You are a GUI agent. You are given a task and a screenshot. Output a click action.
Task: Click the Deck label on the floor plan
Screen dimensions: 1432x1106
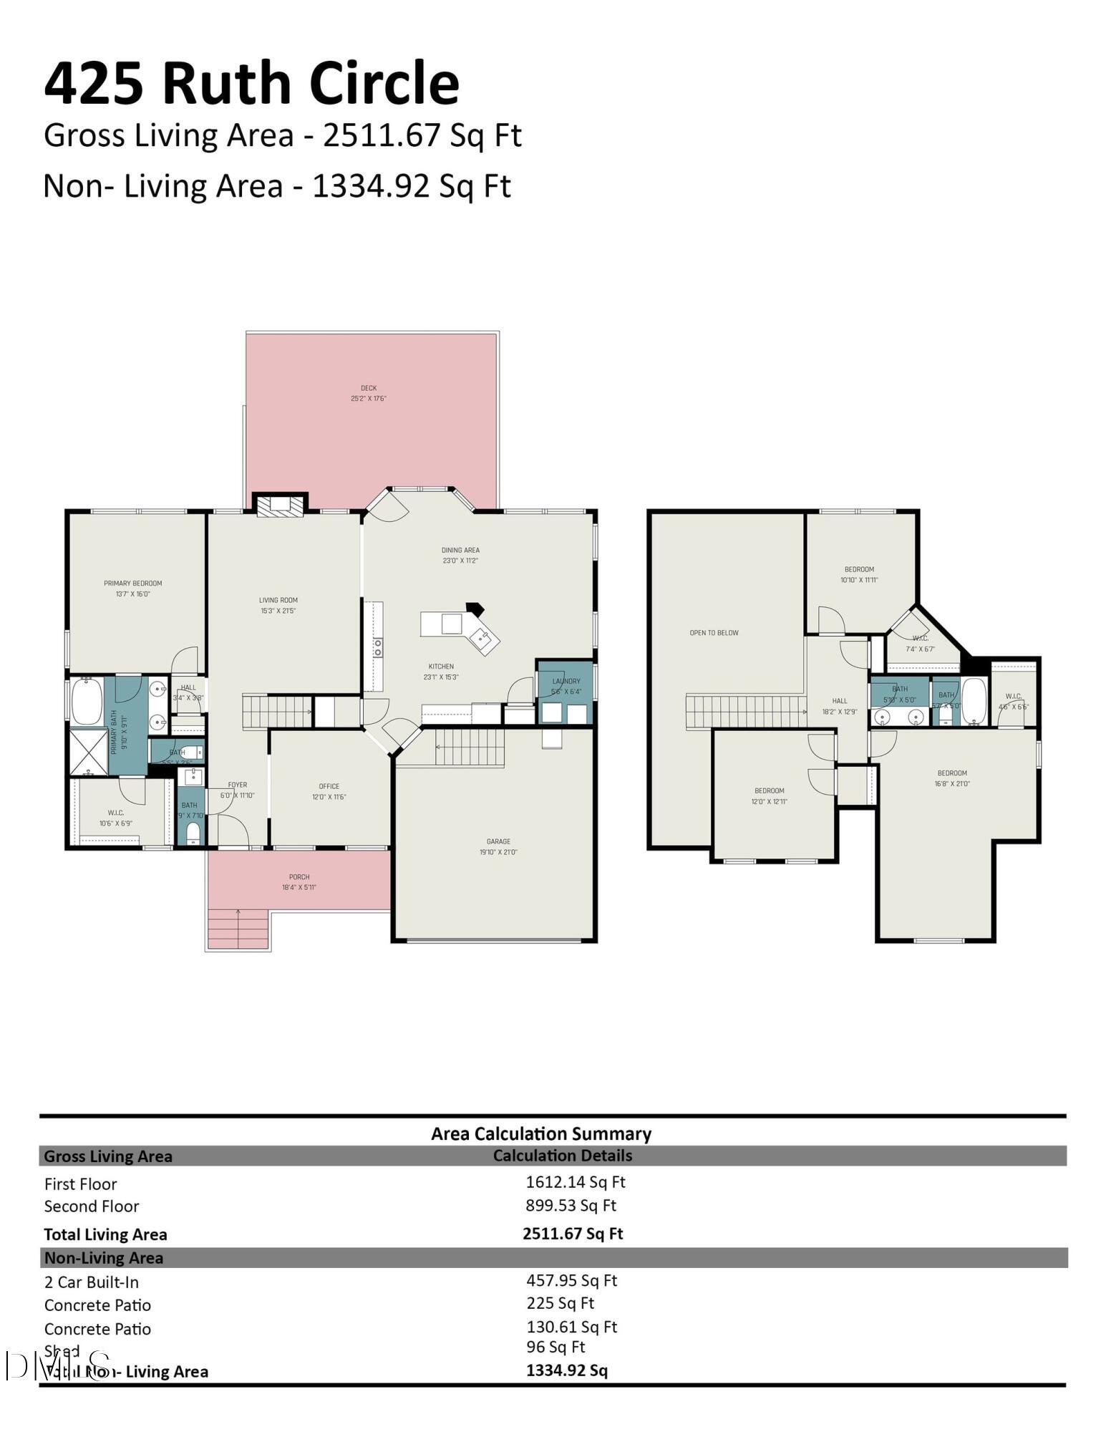369,388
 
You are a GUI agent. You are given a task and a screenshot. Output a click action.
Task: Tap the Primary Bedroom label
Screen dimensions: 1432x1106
133,584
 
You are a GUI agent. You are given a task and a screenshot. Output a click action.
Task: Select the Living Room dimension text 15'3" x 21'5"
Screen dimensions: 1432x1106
278,611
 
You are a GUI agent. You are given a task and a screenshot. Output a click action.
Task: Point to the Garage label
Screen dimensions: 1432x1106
498,841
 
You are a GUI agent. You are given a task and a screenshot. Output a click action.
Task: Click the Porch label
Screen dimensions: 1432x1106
299,876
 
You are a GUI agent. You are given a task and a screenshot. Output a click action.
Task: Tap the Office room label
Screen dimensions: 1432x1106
329,786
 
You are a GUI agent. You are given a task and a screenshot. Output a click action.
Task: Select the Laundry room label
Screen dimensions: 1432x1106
566,681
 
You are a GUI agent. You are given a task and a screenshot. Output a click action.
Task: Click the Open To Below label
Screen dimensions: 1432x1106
714,633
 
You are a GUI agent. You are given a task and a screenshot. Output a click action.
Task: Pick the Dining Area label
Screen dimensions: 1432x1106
460,550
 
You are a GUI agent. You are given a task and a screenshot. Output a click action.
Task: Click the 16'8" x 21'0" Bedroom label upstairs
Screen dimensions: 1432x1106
952,773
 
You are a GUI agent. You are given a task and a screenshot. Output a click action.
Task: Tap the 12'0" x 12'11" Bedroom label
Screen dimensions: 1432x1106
769,790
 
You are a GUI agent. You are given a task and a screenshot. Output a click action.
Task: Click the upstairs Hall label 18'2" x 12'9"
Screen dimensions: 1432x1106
840,701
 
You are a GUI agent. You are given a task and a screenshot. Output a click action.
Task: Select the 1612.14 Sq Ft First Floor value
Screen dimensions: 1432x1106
576,1182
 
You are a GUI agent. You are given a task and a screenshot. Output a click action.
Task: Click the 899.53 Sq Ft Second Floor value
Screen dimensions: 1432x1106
571,1205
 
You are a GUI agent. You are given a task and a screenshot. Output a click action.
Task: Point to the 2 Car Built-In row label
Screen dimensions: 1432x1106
92,1282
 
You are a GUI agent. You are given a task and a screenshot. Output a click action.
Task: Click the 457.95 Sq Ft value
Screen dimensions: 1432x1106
571,1280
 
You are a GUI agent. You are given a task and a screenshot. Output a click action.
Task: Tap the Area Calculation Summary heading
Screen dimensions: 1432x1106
541,1133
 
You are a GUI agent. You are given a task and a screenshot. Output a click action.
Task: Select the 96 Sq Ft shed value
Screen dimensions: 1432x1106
556,1347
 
